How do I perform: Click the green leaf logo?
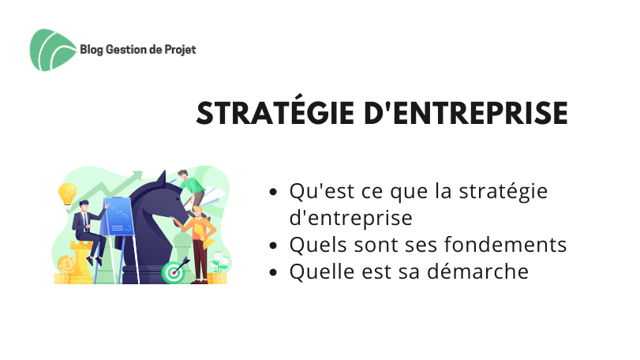click(52, 50)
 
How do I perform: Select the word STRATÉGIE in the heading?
click(275, 113)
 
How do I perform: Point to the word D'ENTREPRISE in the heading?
click(466, 113)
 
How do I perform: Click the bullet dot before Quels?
click(274, 246)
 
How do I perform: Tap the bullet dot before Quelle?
click(274, 272)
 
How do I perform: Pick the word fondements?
click(505, 245)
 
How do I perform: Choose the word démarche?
click(477, 271)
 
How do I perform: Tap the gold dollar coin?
click(66, 264)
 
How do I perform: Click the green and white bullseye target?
click(173, 272)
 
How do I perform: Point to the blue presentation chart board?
click(118, 217)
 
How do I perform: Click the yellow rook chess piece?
click(80, 261)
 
